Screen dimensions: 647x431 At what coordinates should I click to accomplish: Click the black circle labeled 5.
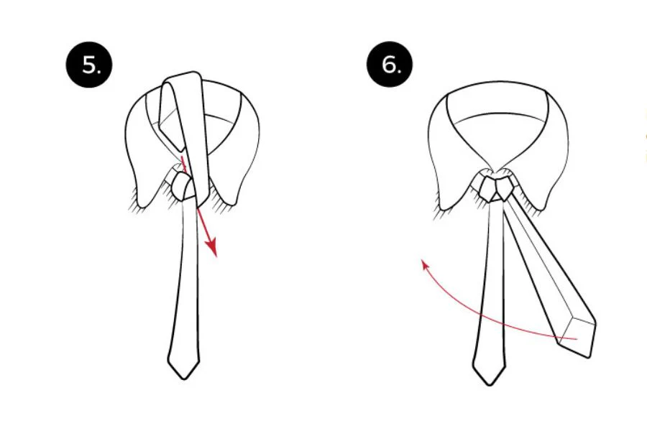pos(89,65)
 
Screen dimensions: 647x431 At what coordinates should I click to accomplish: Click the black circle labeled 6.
pos(390,65)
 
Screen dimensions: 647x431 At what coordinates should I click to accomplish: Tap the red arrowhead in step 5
pos(212,247)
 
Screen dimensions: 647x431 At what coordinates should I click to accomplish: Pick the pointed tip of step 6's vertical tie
pos(490,384)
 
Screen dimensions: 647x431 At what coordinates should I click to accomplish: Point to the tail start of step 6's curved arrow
pos(576,338)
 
